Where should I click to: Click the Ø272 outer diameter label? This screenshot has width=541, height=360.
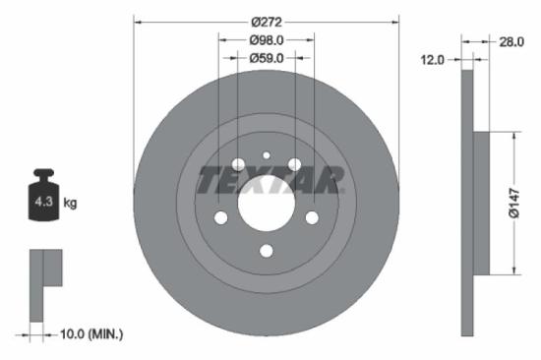pos(266,20)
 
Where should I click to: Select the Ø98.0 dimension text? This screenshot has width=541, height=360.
pos(266,39)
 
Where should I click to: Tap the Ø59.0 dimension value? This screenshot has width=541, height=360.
pos(266,58)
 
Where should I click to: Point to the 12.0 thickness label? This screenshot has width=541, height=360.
pos(433,60)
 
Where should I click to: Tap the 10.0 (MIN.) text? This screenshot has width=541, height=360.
pos(92,335)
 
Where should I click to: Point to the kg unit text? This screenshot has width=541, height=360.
pos(70,204)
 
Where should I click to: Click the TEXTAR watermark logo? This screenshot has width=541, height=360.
pos(270,180)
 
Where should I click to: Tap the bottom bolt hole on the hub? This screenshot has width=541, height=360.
pos(266,251)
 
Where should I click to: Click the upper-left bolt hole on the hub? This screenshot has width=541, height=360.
pos(237,162)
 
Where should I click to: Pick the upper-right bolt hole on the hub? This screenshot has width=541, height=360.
pos(294,162)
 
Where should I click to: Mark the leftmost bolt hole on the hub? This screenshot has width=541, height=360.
pos(219,217)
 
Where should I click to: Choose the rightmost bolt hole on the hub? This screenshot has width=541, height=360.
pos(312,217)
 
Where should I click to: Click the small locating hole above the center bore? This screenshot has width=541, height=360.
pos(266,154)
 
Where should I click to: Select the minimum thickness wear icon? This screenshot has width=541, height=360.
pos(44,285)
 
